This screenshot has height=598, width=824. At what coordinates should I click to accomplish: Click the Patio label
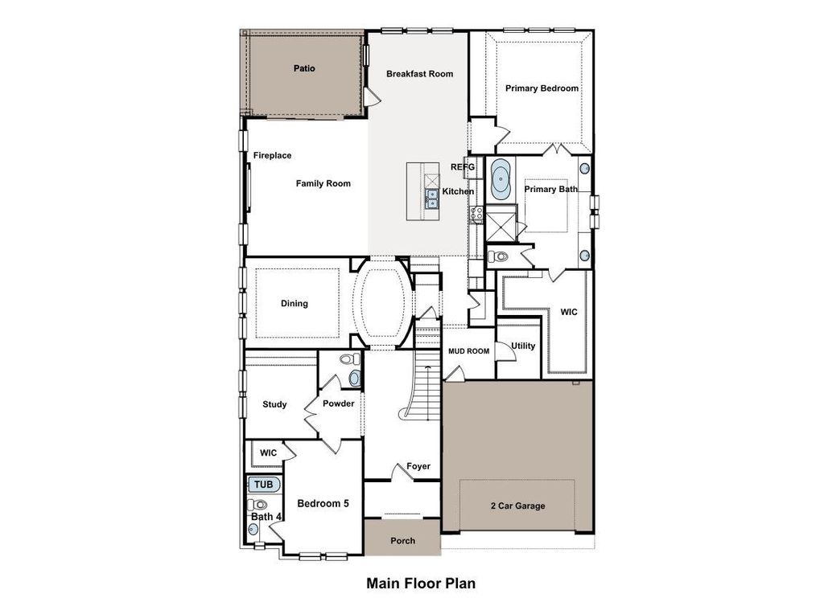[303, 68]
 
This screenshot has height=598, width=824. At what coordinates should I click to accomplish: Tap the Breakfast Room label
[419, 74]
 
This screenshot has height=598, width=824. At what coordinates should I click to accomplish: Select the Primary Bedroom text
[542, 88]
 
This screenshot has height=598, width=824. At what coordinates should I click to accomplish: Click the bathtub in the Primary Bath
[501, 179]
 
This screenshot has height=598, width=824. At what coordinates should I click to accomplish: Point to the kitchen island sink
[432, 198]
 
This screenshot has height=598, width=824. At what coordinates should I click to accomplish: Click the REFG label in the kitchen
[463, 167]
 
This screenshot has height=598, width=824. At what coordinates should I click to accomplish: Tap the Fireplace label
[272, 156]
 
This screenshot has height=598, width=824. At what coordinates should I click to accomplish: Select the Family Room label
[323, 184]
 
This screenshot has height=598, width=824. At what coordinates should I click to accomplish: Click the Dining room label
[294, 304]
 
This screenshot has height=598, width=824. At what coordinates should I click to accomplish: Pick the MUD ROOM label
[468, 351]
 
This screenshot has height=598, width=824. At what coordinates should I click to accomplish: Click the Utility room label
[523, 346]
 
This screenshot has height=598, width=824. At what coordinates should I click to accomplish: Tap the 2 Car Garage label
[517, 506]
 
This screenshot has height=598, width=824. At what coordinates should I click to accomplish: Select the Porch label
[402, 541]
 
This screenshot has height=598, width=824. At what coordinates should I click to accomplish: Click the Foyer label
[418, 466]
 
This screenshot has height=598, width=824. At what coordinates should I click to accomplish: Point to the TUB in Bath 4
[263, 485]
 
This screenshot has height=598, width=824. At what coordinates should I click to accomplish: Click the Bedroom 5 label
[323, 504]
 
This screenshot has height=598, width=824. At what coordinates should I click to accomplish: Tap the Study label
[274, 404]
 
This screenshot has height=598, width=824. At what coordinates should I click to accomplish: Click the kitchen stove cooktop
[476, 214]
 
